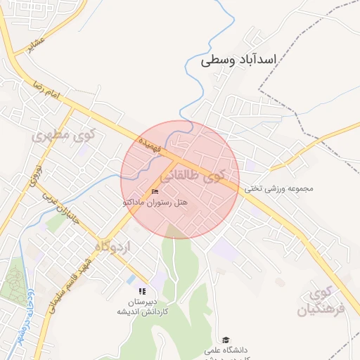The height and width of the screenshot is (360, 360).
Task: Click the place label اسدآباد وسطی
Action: tap(239, 60)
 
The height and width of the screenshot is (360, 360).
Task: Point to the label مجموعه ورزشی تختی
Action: tap(279, 188)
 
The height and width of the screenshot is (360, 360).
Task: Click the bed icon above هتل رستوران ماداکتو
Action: tap(155, 191)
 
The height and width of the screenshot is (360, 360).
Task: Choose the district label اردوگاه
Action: tap(112, 247)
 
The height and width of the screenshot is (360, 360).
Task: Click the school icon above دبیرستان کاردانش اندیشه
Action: tap(142, 291)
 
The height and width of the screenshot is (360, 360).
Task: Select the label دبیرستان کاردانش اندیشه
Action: tap(141, 306)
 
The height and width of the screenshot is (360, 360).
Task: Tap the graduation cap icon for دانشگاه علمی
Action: tap(226, 340)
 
